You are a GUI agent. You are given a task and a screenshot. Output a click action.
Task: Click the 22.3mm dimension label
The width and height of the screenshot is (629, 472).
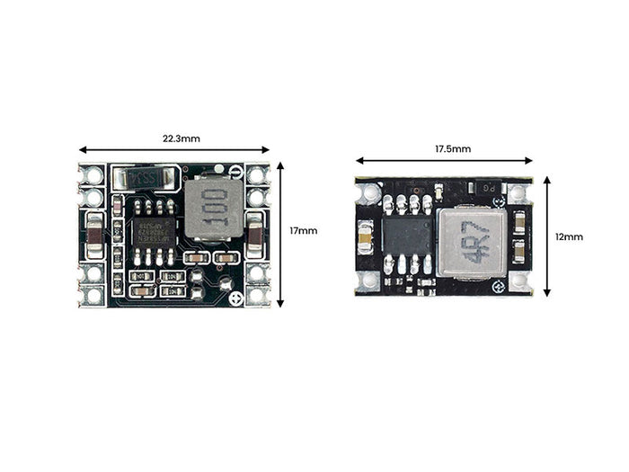(x=181, y=139)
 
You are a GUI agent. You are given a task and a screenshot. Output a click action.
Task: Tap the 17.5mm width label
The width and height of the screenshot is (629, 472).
(x=453, y=149)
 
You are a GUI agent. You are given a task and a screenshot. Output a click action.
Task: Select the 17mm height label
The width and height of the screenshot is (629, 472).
(x=303, y=231)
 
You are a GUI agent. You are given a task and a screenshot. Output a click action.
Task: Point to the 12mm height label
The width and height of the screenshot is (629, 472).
(x=569, y=236)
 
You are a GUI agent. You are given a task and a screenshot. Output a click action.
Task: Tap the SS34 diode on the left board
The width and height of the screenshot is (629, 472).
(x=143, y=178)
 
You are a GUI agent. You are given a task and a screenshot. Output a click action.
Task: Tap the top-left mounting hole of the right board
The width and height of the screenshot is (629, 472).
(x=369, y=192)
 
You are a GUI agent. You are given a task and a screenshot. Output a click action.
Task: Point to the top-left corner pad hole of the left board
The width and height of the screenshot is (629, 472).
(x=92, y=174)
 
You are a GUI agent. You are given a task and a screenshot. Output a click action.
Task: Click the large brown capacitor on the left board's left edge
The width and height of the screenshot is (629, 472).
(x=94, y=231)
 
